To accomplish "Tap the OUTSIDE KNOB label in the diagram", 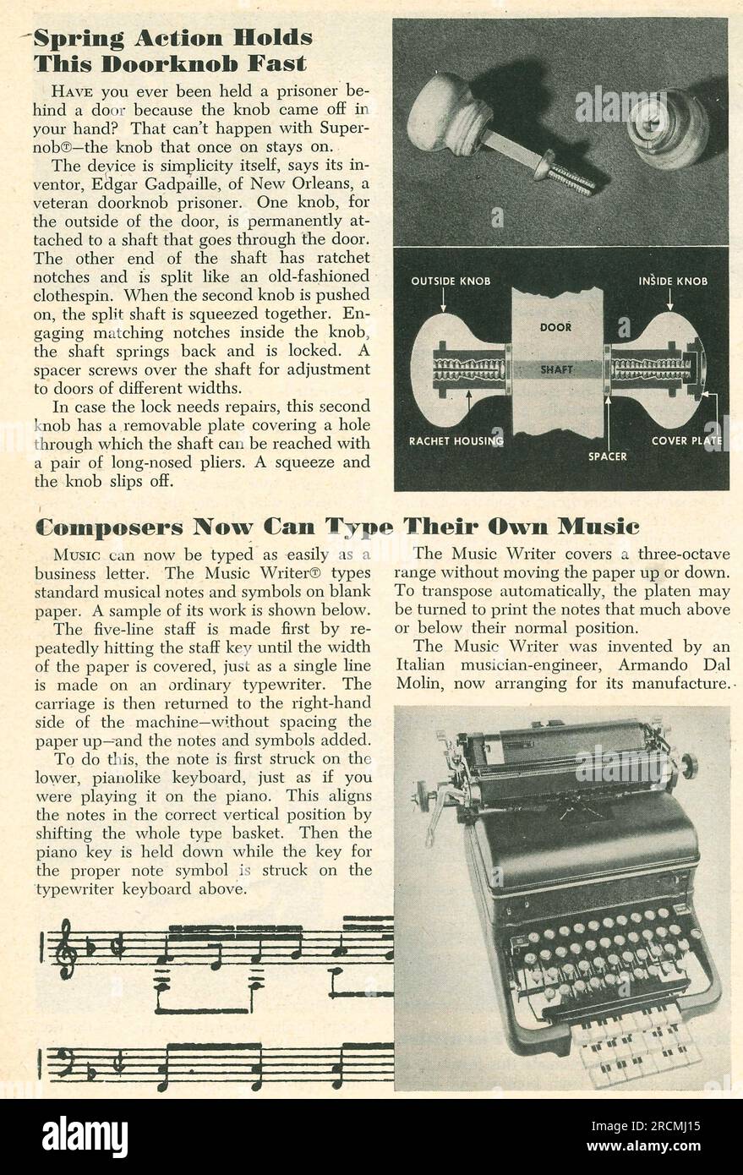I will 451,281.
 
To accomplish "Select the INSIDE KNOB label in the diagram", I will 674,281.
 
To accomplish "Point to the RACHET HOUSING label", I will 456,440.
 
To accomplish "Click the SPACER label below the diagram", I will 607,456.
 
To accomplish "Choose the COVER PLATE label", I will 686,440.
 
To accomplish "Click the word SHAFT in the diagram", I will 556,369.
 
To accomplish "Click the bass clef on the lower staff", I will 64,1063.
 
